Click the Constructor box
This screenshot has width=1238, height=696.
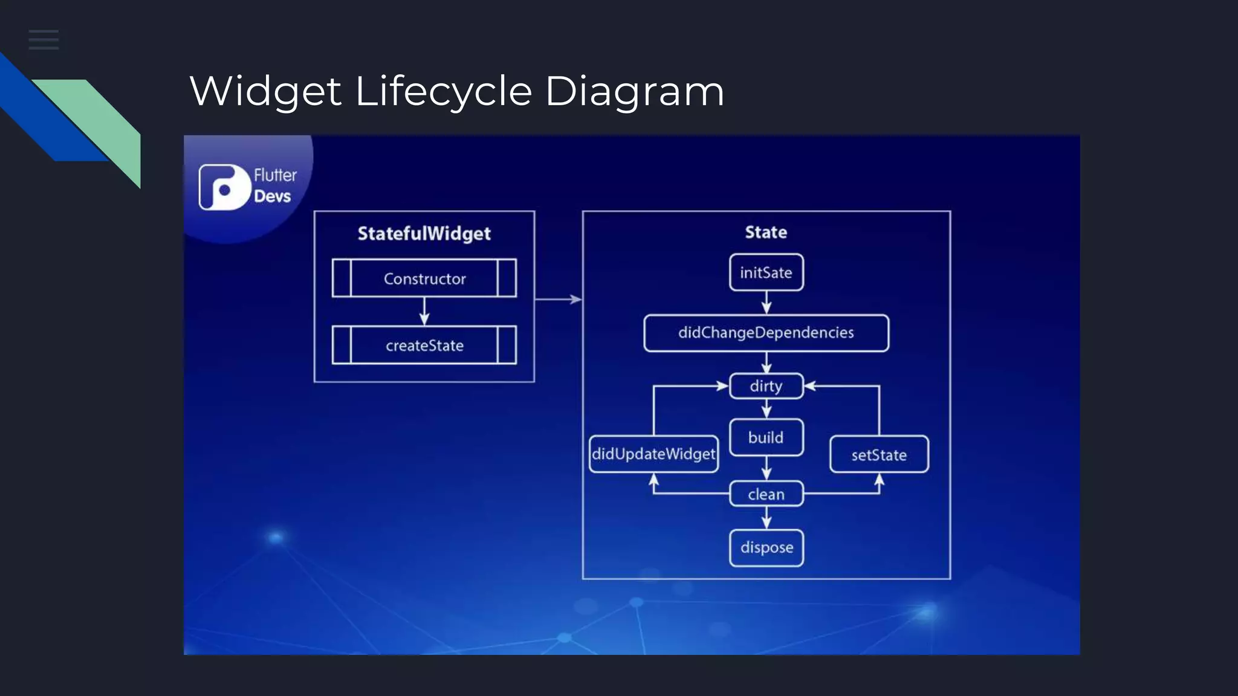[424, 279]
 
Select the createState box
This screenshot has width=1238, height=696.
[424, 346]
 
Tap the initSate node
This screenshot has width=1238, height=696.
[766, 272]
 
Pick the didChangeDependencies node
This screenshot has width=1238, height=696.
[766, 333]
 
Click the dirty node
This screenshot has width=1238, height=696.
[766, 386]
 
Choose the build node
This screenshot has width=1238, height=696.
[766, 437]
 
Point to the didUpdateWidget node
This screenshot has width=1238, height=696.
[653, 454]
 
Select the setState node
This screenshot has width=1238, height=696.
[879, 454]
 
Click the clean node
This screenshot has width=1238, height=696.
[766, 494]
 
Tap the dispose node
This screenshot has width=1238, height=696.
[766, 548]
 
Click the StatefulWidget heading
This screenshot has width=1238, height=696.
[424, 233]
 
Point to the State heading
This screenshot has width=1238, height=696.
[766, 232]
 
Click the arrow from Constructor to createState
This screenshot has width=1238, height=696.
[424, 311]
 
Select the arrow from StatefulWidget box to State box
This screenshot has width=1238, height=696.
[558, 299]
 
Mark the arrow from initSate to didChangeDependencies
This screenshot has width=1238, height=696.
[766, 303]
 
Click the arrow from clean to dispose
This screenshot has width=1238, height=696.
[766, 518]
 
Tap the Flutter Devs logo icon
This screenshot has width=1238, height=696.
[224, 187]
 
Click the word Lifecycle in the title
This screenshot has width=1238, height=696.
[444, 92]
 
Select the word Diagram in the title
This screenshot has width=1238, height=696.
[634, 92]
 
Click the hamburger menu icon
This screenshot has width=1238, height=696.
[44, 40]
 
